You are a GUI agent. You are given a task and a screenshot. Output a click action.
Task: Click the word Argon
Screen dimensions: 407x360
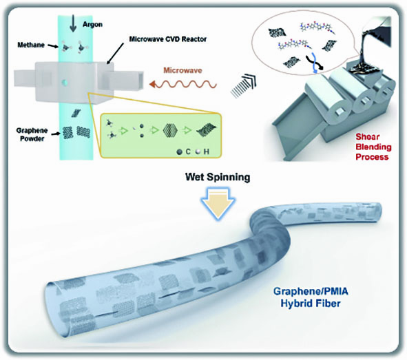(92, 24)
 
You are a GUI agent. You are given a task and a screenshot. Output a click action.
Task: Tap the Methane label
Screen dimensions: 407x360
(31, 45)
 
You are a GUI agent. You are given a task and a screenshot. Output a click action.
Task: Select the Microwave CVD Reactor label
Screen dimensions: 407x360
(167, 39)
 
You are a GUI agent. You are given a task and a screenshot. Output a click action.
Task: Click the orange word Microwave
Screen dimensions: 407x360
(182, 70)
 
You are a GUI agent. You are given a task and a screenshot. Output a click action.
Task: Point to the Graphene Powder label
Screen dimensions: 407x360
(32, 134)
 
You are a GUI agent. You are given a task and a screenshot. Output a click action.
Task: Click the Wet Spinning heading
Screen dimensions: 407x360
(218, 177)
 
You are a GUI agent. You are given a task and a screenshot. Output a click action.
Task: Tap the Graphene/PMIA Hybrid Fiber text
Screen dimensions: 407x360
(311, 297)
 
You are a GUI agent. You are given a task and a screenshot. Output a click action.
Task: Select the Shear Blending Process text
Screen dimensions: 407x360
(373, 147)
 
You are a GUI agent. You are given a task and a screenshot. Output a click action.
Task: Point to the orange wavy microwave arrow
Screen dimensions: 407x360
(182, 84)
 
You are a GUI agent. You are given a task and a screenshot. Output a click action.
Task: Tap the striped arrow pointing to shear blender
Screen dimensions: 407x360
(243, 86)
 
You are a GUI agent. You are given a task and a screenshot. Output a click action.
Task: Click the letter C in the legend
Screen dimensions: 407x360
(188, 151)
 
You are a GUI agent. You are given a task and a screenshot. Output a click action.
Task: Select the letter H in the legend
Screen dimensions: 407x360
(206, 151)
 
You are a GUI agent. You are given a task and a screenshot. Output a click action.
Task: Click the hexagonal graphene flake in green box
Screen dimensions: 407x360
(170, 130)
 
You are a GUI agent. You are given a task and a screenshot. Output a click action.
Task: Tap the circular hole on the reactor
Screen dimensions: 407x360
(64, 83)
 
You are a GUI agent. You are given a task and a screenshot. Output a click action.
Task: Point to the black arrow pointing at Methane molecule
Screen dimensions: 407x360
(54, 46)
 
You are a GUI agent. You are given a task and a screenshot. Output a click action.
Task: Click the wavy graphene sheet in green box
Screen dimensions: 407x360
(207, 129)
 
